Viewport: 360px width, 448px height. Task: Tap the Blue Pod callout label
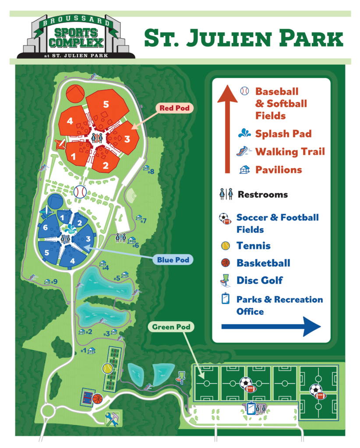tap(173, 260)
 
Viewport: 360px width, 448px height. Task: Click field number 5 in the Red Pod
tap(106, 104)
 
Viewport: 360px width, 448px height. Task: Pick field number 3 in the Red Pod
tap(127, 139)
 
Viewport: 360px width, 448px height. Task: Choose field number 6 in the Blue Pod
tap(45, 227)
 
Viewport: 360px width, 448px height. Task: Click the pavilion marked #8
tap(147, 168)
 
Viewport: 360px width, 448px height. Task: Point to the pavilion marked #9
tap(47, 281)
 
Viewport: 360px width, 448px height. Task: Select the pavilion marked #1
tap(92, 350)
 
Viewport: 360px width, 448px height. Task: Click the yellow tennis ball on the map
tap(107, 368)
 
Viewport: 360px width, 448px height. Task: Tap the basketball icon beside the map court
tap(97, 399)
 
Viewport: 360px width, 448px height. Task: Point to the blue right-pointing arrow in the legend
tap(271, 326)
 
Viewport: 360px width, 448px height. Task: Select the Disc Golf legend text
tap(260, 280)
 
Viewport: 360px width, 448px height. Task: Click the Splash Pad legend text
tap(284, 134)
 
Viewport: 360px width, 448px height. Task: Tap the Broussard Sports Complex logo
tap(76, 38)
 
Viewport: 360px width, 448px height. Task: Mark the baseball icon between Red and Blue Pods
tap(80, 191)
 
